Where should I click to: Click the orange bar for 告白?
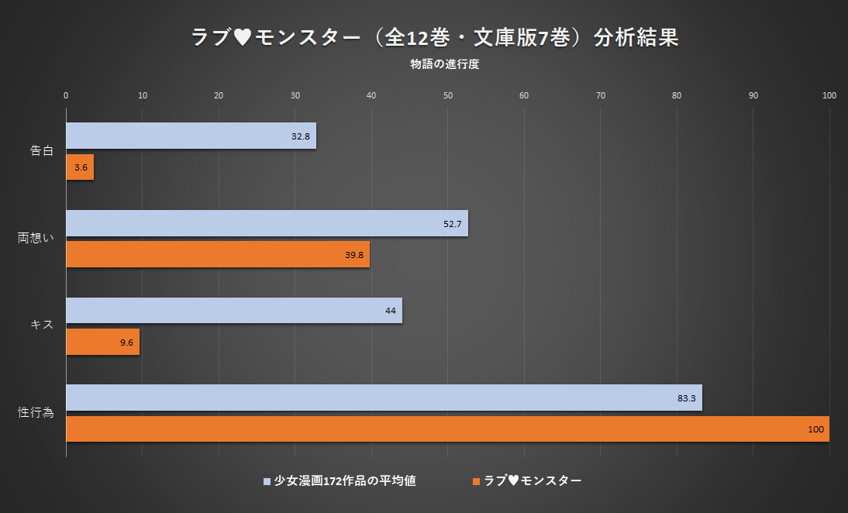tap(80, 167)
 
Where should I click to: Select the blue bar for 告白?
tap(191, 136)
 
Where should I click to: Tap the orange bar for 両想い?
tap(218, 254)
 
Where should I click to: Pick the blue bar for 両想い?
tap(267, 223)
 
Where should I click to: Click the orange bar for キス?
tap(102, 342)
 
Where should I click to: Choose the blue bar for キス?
tap(233, 311)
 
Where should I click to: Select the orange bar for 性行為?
tap(447, 429)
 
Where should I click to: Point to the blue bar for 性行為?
tap(384, 398)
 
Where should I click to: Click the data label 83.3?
tap(686, 398)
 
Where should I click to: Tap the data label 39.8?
tap(355, 255)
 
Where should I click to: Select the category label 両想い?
tap(36, 238)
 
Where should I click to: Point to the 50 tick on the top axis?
tap(448, 95)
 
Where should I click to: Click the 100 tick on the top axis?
tap(829, 95)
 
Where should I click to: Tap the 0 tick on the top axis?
tap(66, 95)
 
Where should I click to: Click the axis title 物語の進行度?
tap(445, 64)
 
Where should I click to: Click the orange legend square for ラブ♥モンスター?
tap(476, 481)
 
